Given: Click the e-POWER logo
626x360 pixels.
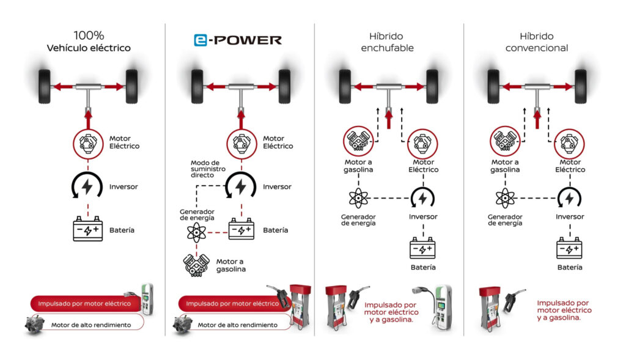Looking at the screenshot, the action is pos(238,40).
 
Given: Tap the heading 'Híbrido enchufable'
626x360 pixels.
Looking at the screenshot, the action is pos(387,42).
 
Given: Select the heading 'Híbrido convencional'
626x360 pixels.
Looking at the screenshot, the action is pos(537,42).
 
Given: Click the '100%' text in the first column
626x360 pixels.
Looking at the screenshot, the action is pos(89,35).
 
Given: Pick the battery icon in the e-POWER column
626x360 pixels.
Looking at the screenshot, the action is pos(241,229).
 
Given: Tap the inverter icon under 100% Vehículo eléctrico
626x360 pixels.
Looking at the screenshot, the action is pos(87,186).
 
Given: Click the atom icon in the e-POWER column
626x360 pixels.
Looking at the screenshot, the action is pos(196,232).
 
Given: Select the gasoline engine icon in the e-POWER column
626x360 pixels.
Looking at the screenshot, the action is pos(196,265).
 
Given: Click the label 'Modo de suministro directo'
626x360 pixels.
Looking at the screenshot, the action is pos(208,169).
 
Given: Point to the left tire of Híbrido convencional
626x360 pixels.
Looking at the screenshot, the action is pos(493,87).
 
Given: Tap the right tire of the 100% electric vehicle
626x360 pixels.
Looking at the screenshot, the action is pos(132,87).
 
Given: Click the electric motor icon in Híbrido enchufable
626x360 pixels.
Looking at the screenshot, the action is pos(422,143).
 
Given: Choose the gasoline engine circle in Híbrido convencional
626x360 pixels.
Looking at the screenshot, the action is pos(505,141).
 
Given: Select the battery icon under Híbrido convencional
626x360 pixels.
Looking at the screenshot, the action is pos(569,248).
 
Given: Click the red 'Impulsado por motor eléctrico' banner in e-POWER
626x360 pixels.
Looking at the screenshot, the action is pos(232,303).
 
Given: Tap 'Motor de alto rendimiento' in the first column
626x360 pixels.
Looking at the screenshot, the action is pos(91,325).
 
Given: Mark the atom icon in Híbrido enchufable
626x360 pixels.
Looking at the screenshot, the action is pos(358,199).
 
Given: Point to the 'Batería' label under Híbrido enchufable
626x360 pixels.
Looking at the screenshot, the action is pos(423,268).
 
